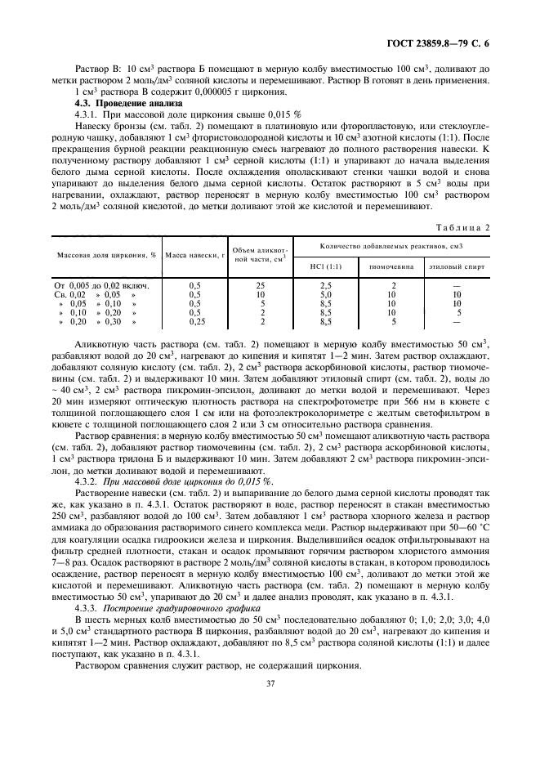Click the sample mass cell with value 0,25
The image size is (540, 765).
click(x=194, y=322)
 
